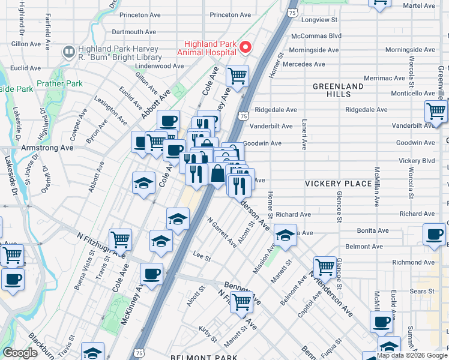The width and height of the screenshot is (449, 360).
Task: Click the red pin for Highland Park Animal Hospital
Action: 245,47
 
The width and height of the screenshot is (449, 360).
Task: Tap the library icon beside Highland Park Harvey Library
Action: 68,53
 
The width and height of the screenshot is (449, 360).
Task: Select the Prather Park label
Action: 59,83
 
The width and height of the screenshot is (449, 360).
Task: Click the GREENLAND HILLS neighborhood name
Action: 338,91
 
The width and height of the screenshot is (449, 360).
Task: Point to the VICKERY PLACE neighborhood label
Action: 338,183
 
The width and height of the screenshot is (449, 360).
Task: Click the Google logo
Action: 20,353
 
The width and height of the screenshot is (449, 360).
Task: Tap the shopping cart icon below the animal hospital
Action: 238,76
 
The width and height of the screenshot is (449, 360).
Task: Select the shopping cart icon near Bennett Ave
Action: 241,302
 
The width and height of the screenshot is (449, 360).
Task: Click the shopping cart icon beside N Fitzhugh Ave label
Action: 121,240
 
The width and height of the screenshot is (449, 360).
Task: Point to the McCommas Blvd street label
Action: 316,35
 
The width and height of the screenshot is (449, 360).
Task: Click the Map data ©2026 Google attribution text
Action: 412,355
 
